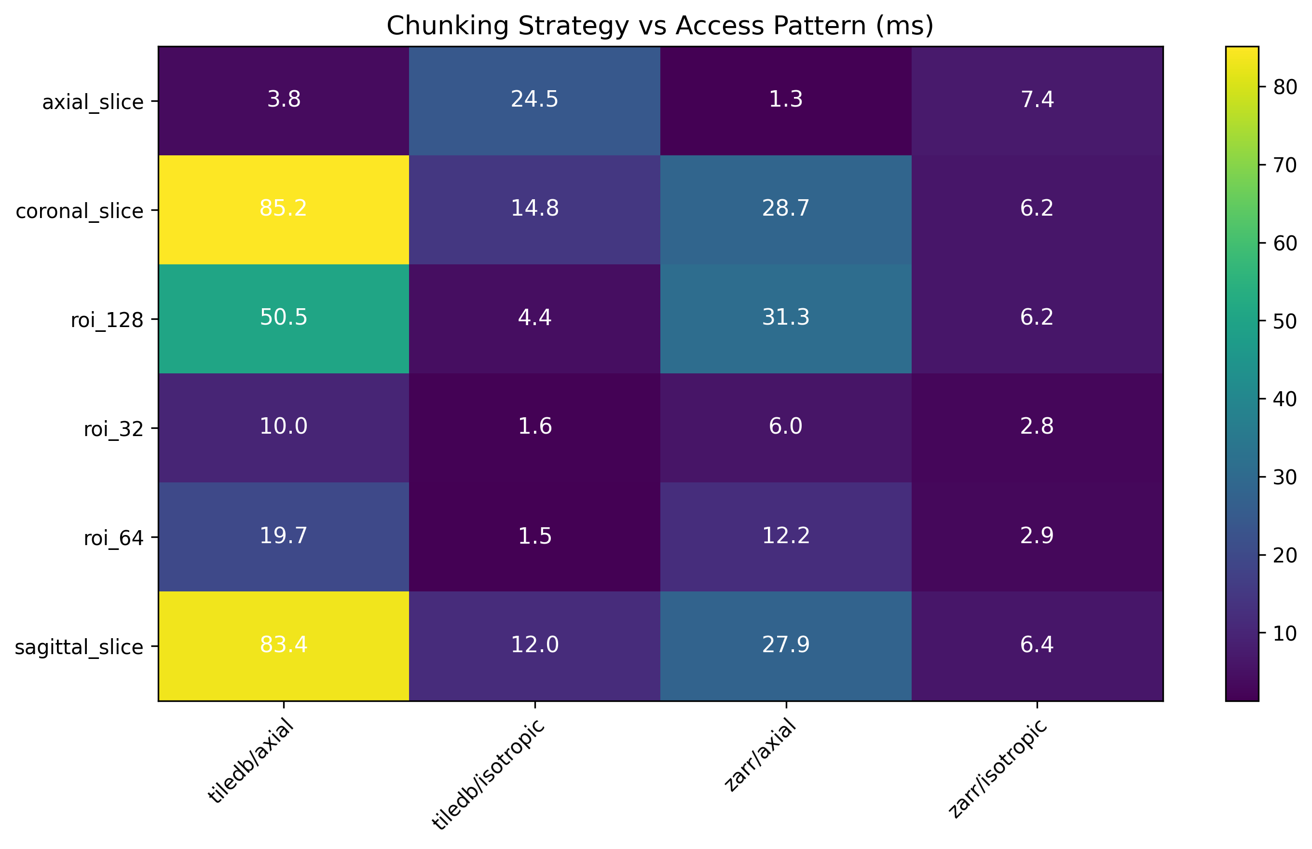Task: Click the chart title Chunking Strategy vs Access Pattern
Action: tap(660, 26)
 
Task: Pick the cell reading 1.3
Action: tap(786, 100)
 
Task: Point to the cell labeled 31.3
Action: tap(786, 318)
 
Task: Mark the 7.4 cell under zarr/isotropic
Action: tap(1037, 100)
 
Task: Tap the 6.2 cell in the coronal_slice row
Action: tap(1037, 209)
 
